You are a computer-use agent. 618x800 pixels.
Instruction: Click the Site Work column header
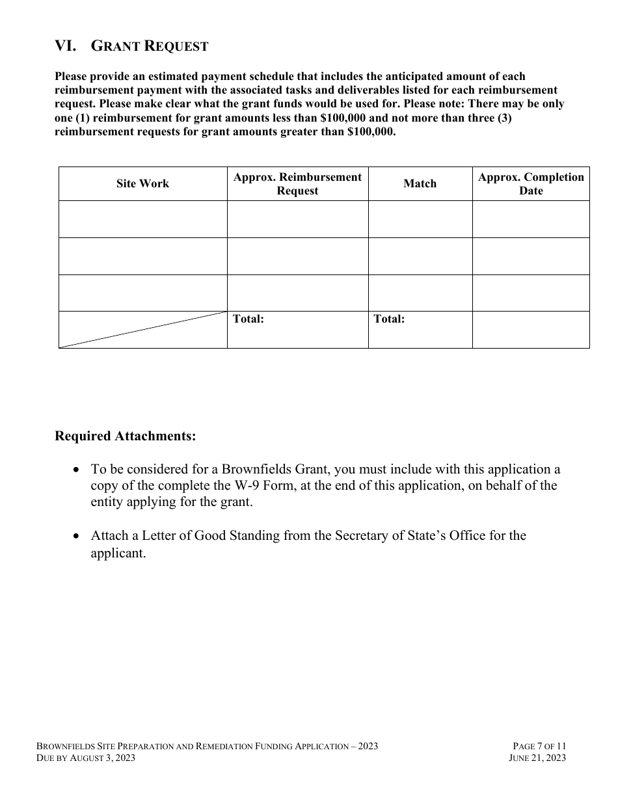(x=142, y=183)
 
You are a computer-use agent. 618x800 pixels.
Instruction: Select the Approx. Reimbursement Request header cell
(x=297, y=183)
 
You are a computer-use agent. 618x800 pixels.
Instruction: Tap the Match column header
(x=420, y=183)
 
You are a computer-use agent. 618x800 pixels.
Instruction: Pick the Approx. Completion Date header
(x=531, y=183)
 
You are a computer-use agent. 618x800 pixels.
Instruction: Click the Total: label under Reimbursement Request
(x=248, y=319)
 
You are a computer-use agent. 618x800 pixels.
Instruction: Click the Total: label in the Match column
(x=389, y=319)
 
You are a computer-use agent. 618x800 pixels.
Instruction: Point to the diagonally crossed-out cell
(x=142, y=330)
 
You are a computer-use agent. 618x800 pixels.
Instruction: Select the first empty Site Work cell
(x=142, y=219)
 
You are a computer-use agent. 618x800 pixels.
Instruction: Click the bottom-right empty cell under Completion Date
(x=531, y=330)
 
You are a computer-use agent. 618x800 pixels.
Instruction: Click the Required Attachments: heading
(x=125, y=436)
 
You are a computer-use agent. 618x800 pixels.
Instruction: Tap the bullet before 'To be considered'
(x=77, y=470)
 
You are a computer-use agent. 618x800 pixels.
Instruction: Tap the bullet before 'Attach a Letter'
(x=77, y=536)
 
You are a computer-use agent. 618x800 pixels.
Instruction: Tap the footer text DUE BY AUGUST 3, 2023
(x=86, y=758)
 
